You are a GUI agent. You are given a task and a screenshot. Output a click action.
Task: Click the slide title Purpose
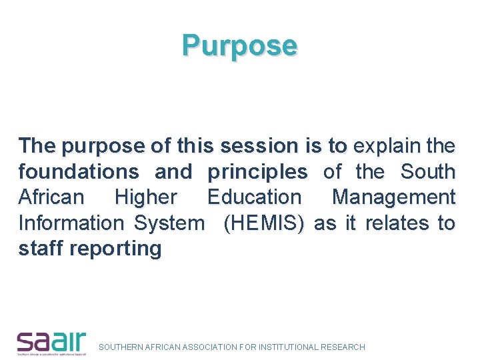pos(240,46)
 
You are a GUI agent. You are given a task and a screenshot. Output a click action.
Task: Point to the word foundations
pos(79,171)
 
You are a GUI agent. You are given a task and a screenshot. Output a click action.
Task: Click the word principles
pos(257,171)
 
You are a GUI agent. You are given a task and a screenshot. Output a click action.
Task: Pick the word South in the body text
pos(428,171)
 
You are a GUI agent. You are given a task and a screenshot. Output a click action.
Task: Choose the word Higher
pos(146,197)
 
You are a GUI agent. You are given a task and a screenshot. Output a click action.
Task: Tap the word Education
pos(254,197)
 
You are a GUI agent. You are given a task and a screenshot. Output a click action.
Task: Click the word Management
pos(393,197)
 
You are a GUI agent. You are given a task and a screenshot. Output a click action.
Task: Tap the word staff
pos(41,249)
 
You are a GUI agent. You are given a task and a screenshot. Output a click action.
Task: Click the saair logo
pos(51,342)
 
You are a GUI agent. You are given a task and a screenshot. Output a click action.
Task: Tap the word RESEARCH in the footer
pos(343,347)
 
